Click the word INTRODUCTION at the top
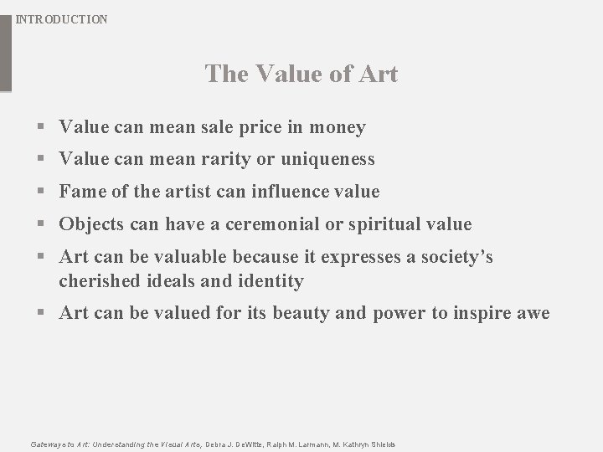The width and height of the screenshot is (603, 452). (x=62, y=18)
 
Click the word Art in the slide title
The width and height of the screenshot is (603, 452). (x=379, y=74)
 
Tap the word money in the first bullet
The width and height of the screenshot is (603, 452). (x=338, y=127)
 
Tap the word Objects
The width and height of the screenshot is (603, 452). (x=90, y=224)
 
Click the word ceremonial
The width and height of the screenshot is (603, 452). (x=271, y=224)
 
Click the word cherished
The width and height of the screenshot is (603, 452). (x=96, y=280)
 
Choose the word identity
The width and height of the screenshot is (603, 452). (x=271, y=280)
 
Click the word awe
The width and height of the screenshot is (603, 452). (x=533, y=313)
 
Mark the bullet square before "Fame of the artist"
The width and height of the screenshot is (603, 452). (x=41, y=193)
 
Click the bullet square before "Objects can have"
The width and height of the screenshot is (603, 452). (x=41, y=225)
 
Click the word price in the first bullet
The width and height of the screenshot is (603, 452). (x=261, y=127)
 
